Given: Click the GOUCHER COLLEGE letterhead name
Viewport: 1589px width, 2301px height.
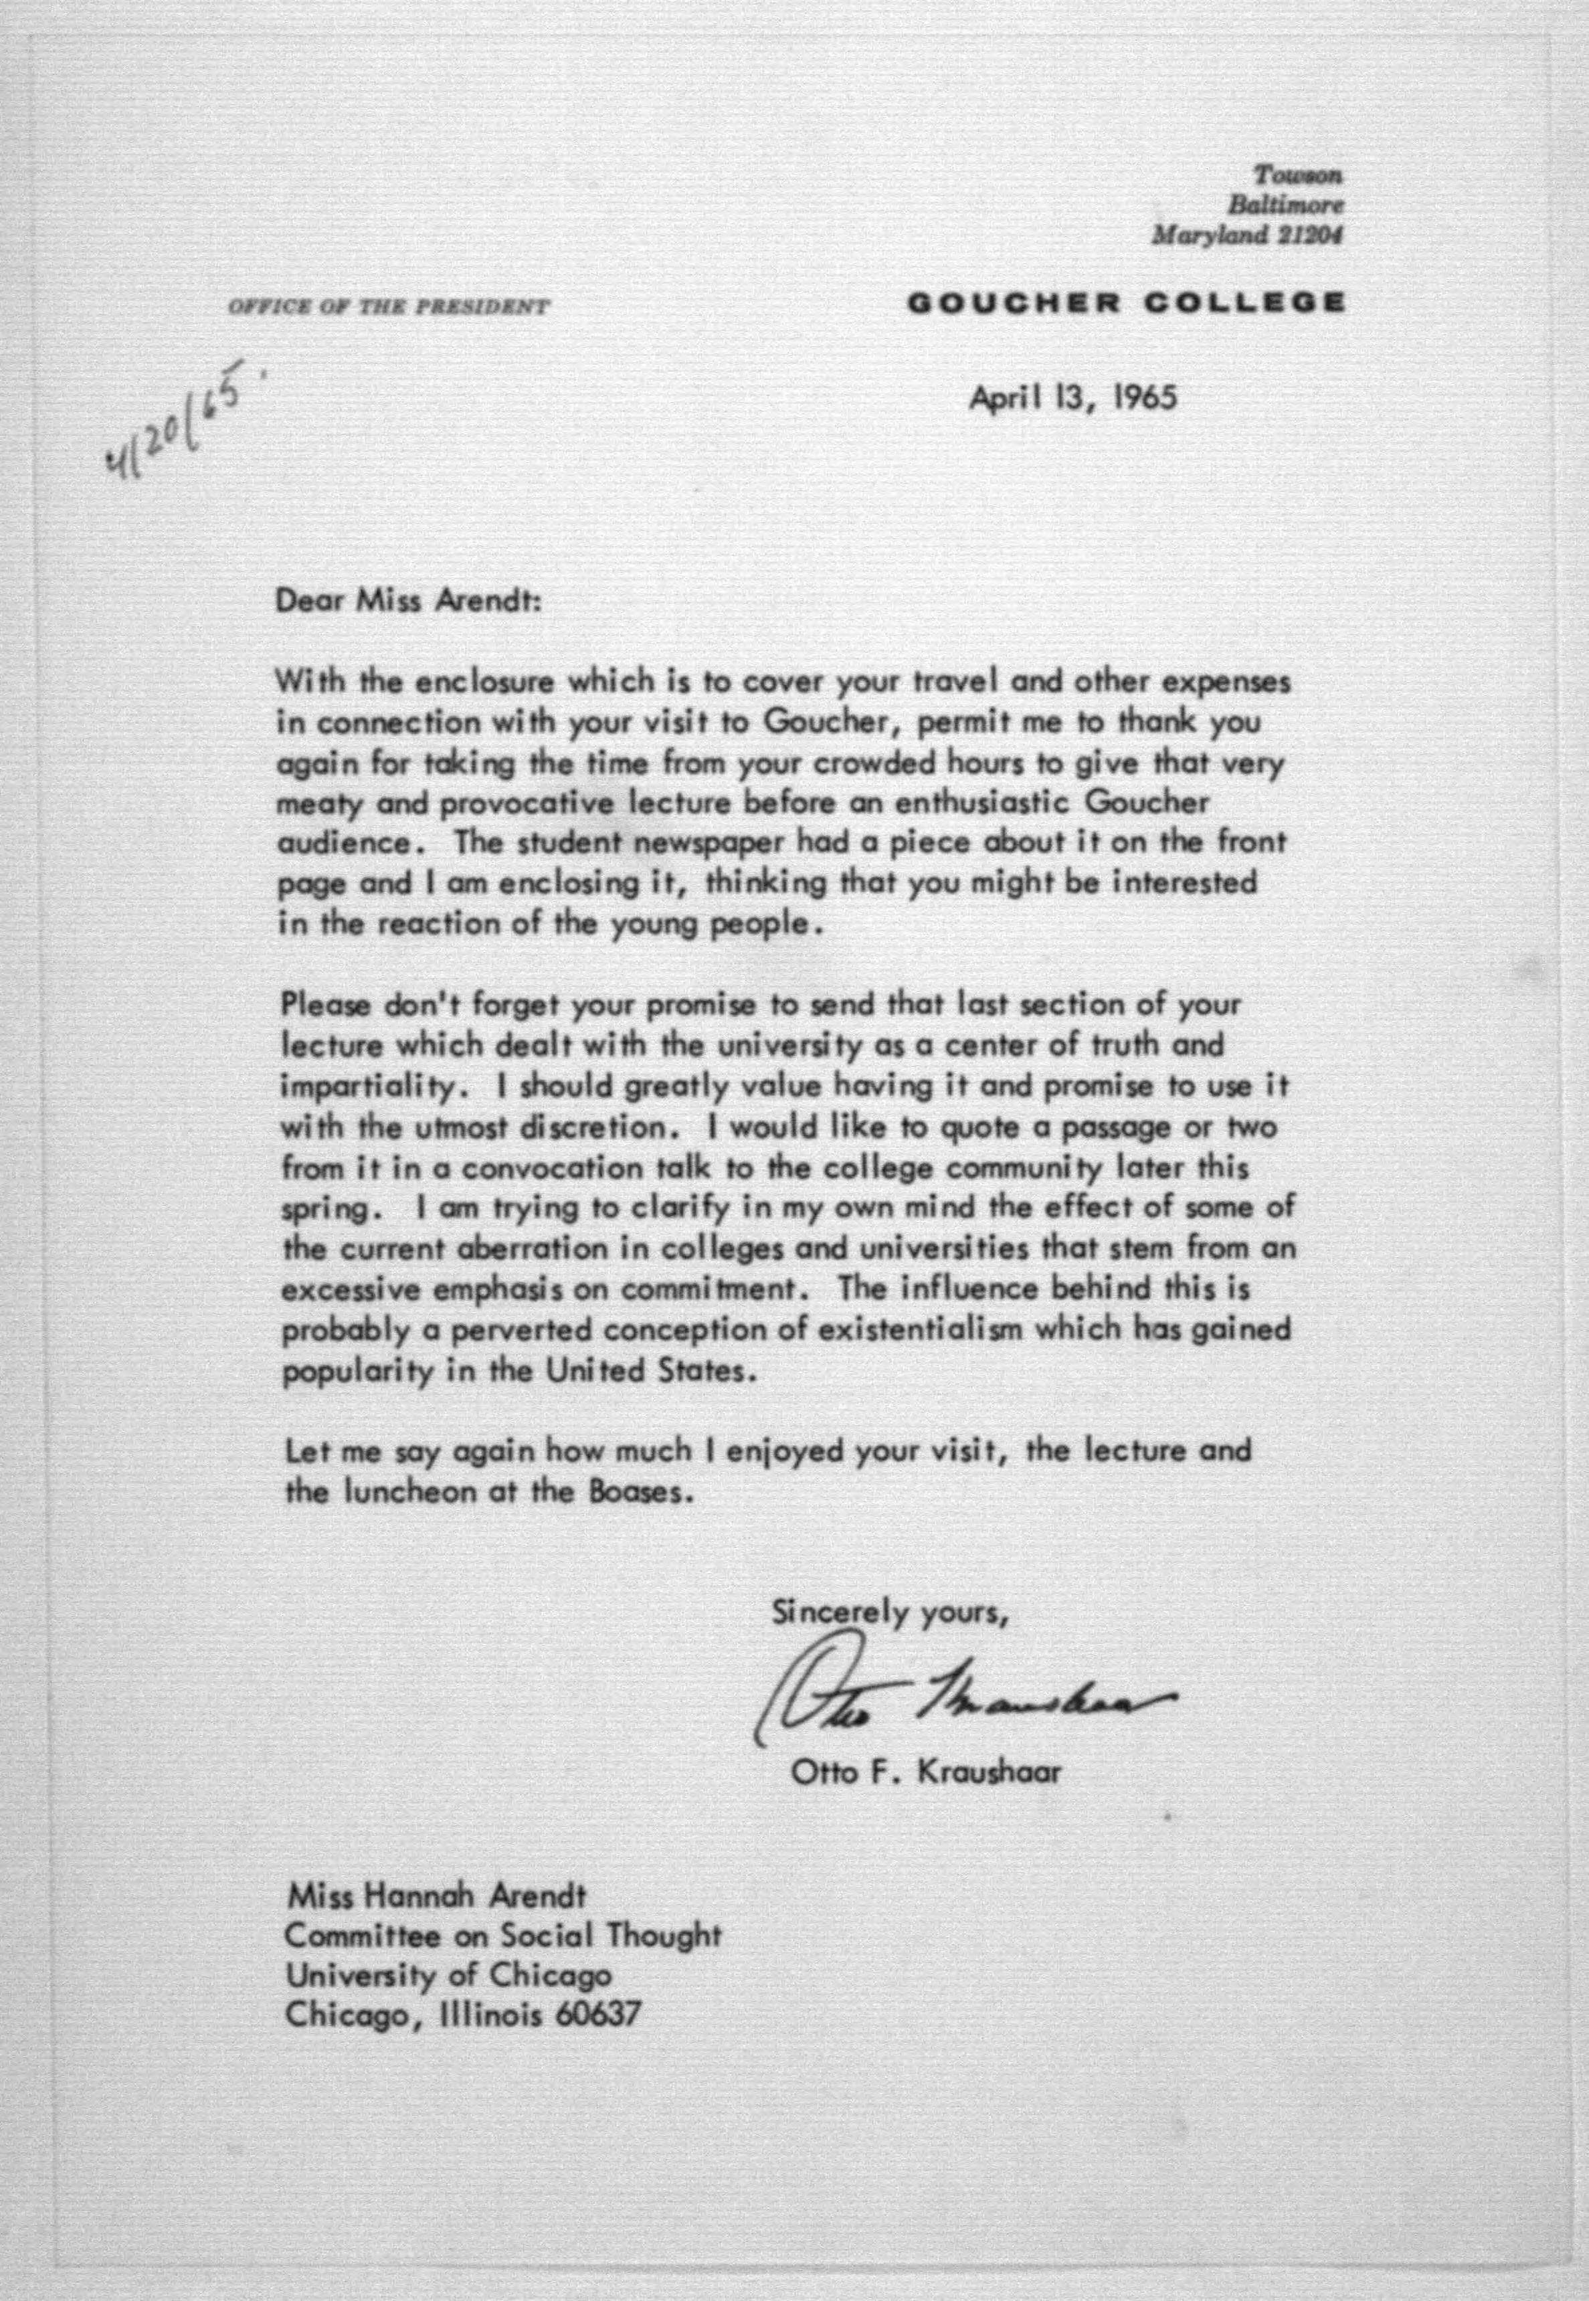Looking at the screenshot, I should pos(1126,302).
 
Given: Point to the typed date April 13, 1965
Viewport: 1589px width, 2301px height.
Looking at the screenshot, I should pos(1072,397).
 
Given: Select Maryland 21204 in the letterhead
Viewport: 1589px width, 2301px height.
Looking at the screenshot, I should pos(1248,236).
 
